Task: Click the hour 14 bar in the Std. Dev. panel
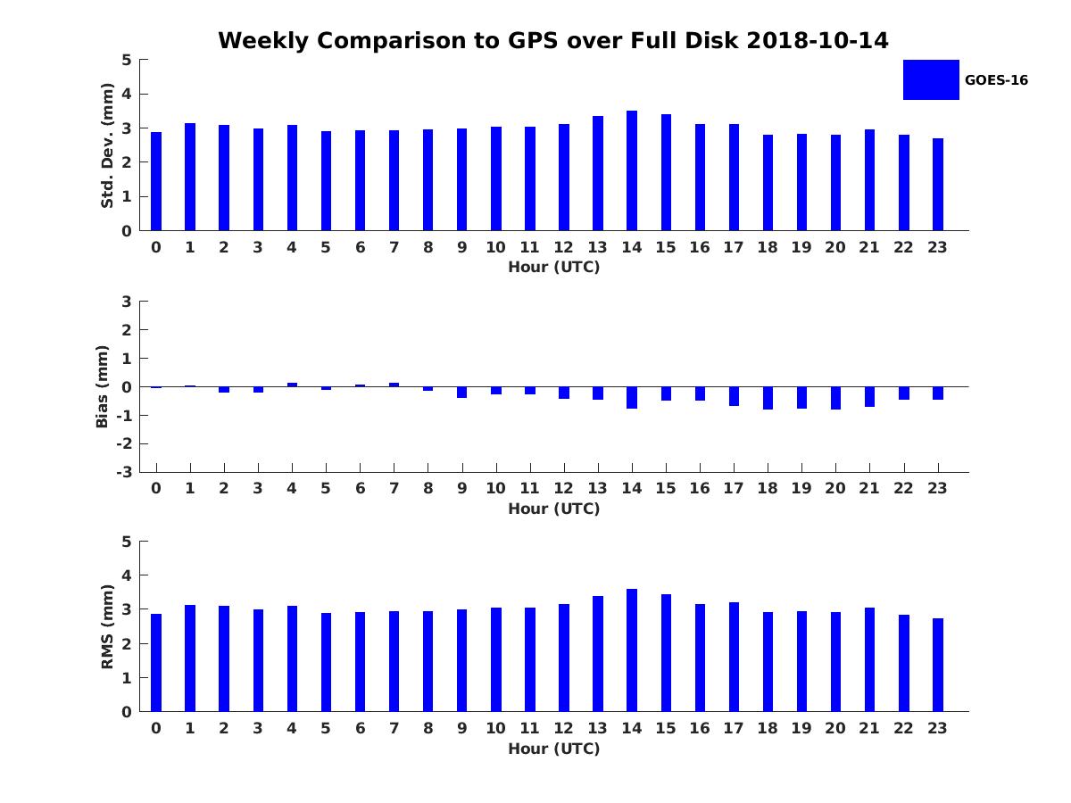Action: [x=632, y=170]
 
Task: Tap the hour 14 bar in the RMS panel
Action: [x=632, y=650]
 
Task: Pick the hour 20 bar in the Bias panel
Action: [x=835, y=398]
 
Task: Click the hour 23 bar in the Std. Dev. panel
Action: [x=938, y=185]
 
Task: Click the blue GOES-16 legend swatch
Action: [x=931, y=79]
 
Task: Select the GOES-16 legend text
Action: [x=996, y=80]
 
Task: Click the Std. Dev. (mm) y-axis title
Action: [x=107, y=145]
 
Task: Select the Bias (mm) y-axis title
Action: [x=102, y=386]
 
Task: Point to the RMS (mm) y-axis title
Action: [x=107, y=626]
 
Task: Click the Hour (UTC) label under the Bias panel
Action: [x=553, y=509]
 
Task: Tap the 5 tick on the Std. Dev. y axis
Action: [x=127, y=60]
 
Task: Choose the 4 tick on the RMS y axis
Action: [x=127, y=575]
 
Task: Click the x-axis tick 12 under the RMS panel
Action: [x=563, y=728]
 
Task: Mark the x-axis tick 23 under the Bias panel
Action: [x=937, y=488]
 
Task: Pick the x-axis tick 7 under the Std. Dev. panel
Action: [x=394, y=247]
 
